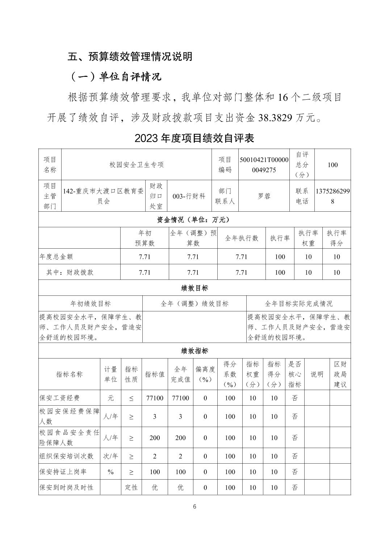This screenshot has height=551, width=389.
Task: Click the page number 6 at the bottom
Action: (x=194, y=506)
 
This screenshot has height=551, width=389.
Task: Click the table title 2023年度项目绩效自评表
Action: (x=194, y=138)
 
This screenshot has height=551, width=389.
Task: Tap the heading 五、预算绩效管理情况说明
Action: (x=130, y=57)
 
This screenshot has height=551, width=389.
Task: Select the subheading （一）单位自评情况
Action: (x=114, y=77)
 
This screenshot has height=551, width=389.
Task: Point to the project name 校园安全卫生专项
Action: (x=137, y=165)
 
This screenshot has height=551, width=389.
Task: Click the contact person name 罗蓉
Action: (x=264, y=196)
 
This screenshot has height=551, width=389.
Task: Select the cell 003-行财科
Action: (x=189, y=196)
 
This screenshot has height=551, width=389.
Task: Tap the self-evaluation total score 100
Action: (x=332, y=165)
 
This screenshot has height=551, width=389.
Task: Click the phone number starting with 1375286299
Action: (x=332, y=196)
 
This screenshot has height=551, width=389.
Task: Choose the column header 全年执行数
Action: (x=242, y=238)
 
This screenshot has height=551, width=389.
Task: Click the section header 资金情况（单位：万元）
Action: (x=194, y=220)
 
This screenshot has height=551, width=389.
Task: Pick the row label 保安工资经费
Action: (x=59, y=398)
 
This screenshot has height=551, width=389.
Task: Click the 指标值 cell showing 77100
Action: (x=155, y=398)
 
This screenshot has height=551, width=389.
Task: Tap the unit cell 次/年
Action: (x=110, y=456)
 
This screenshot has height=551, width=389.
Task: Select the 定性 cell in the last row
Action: (x=131, y=488)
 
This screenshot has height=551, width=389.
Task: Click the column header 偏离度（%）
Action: (x=205, y=374)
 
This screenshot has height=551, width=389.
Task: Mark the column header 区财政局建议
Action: (x=340, y=374)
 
